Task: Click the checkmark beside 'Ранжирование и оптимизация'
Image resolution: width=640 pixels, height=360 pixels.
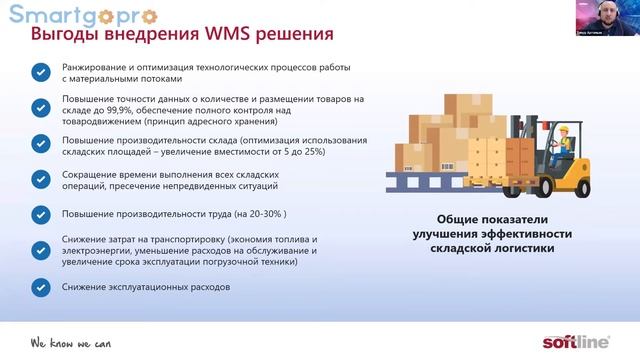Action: pyautogui.click(x=40, y=72)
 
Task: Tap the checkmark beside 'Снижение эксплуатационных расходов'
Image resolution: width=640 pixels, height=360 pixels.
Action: pyautogui.click(x=40, y=287)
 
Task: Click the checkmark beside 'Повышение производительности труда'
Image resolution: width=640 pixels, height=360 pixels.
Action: pyautogui.click(x=40, y=214)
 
